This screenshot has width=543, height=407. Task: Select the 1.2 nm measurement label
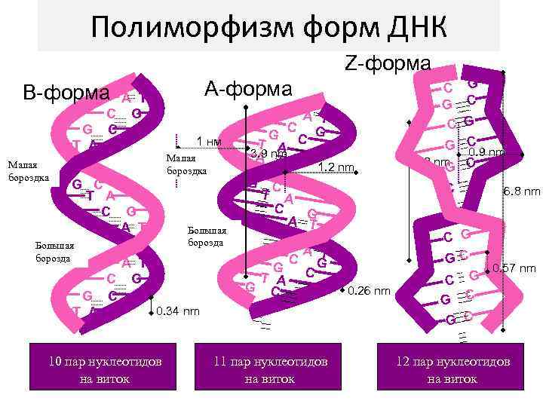click(x=336, y=167)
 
